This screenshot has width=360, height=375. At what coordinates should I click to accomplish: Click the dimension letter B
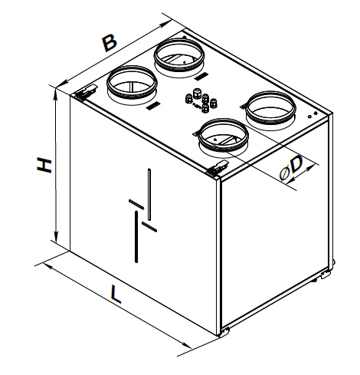(110, 44)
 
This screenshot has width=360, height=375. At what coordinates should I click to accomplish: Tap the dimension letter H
(44, 166)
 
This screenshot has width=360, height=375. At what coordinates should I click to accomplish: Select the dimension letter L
(116, 294)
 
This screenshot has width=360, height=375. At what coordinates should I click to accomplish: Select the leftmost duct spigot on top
(132, 83)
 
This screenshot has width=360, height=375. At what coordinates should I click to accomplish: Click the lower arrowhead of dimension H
(56, 235)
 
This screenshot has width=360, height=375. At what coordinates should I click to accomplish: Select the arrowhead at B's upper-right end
(166, 25)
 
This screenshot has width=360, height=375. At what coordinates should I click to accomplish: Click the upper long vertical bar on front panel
(149, 194)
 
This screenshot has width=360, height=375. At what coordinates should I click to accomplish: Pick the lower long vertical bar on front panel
(136, 237)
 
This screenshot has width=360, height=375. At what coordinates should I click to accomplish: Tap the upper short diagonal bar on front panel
(136, 204)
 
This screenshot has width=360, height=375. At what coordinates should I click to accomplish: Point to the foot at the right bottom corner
(326, 275)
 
